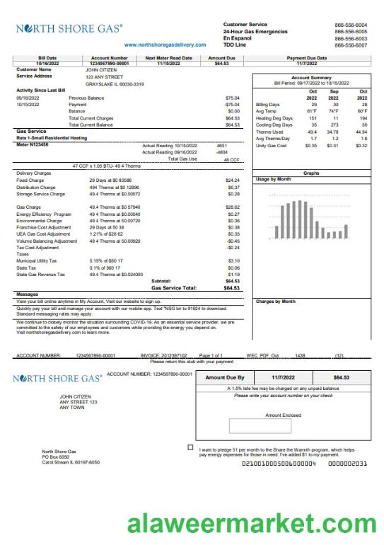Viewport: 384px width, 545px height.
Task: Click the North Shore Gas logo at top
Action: [69, 30]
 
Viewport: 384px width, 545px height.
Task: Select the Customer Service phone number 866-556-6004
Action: [351, 25]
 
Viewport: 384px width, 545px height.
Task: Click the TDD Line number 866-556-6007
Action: [351, 45]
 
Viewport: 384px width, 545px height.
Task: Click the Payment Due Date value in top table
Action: [307, 64]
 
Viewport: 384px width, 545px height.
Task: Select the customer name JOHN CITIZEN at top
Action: [99, 70]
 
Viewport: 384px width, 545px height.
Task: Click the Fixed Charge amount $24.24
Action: [233, 180]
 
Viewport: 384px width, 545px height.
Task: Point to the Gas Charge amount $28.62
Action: [233, 207]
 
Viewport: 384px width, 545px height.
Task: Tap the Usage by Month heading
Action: [274, 179]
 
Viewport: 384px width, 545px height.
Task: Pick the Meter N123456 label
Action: [33, 144]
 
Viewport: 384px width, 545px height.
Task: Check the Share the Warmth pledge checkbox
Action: [191, 448]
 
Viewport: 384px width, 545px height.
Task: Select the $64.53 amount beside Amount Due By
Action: [342, 378]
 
